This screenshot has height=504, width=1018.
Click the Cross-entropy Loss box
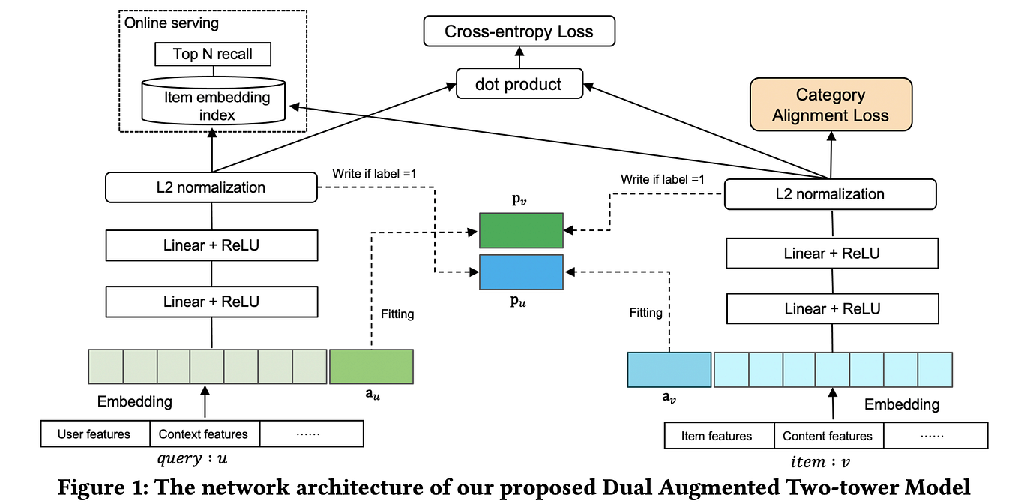pyautogui.click(x=519, y=31)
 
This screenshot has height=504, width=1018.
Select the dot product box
pyautogui.click(x=519, y=83)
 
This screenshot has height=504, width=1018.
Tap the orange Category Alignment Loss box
pyautogui.click(x=830, y=105)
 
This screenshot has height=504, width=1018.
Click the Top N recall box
pyautogui.click(x=212, y=54)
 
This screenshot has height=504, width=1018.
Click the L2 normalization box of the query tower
pyautogui.click(x=211, y=187)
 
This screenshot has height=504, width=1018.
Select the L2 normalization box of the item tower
pyautogui.click(x=830, y=195)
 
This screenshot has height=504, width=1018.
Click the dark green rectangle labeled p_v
pyautogui.click(x=521, y=229)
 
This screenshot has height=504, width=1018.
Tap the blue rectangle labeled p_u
pyautogui.click(x=521, y=272)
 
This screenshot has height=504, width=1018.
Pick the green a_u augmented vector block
pyautogui.click(x=371, y=367)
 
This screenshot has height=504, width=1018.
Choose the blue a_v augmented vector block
pyautogui.click(x=669, y=369)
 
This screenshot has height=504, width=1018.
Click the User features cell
pyautogui.click(x=94, y=434)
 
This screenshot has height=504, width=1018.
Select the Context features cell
pyautogui.click(x=203, y=434)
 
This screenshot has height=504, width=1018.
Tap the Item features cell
pyautogui.click(x=717, y=436)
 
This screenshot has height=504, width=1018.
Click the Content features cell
pyautogui.click(x=828, y=436)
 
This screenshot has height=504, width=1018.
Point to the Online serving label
pyautogui.click(x=172, y=23)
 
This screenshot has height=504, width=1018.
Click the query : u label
pyautogui.click(x=202, y=459)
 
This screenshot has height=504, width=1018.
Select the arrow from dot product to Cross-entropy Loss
pyautogui.click(x=519, y=57)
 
